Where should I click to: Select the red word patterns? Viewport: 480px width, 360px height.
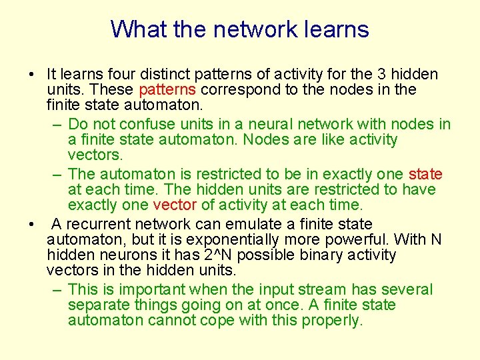[x=167, y=89]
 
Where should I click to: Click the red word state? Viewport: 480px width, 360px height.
[x=425, y=174]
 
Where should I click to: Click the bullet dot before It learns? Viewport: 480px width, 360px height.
[x=31, y=74]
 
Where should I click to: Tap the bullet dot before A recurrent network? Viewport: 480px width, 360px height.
[x=31, y=224]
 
